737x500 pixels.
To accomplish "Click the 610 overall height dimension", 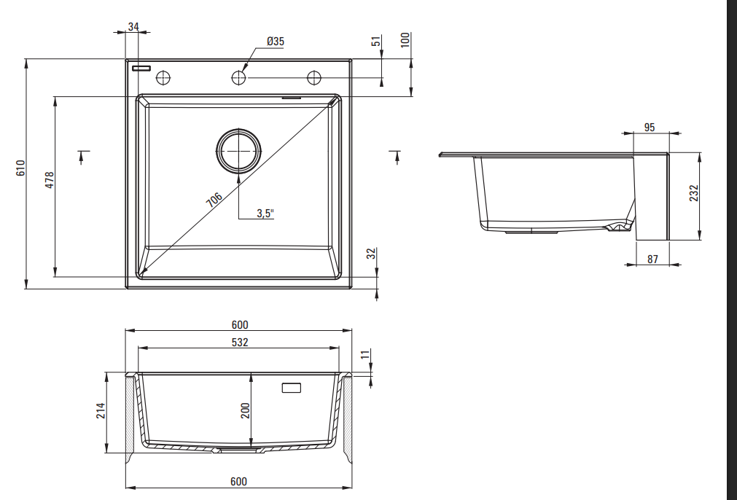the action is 20,168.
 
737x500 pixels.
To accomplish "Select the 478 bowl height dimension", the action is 50,181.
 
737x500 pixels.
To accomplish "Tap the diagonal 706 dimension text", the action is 214,200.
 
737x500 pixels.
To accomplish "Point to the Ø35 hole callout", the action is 276,42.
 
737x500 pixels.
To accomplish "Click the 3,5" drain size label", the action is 265,213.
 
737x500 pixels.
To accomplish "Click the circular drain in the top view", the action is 239,151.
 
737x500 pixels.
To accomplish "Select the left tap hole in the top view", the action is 163,77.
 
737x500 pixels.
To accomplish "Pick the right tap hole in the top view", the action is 314,77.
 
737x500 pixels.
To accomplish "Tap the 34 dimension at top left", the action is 133,27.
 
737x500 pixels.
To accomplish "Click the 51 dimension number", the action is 376,41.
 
